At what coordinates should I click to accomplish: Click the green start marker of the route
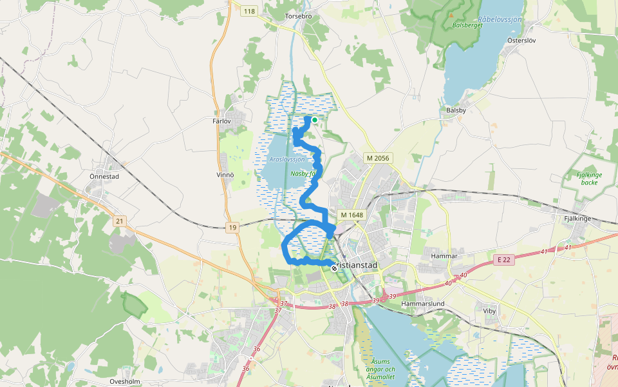tap(315, 119)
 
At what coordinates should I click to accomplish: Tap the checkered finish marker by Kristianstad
tap(333, 267)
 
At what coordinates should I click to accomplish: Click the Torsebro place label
tap(298, 15)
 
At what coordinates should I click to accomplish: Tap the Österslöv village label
tap(521, 40)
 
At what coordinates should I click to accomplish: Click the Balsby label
tap(456, 110)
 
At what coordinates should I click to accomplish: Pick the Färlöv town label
tap(221, 121)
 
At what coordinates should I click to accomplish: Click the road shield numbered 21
tap(119, 221)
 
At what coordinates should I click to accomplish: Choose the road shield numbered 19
tap(232, 227)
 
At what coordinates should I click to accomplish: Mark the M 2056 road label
tap(378, 158)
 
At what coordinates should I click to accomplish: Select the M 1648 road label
tap(352, 215)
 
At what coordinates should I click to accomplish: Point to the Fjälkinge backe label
tap(585, 178)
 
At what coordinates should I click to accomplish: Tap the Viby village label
tap(489, 310)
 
